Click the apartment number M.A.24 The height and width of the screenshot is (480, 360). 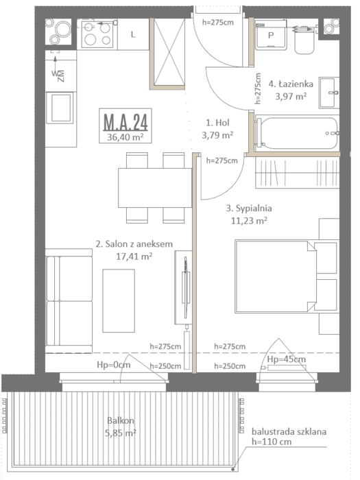[x=125, y=122]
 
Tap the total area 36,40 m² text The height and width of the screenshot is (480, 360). [x=125, y=137]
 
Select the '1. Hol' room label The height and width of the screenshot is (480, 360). [x=217, y=123]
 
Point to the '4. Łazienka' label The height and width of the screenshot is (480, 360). [x=291, y=84]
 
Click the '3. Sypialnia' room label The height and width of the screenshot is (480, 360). [x=249, y=208]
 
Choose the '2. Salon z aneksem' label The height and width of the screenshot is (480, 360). [x=134, y=244]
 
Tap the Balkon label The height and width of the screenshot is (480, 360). [x=121, y=420]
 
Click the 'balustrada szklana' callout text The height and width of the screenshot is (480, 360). [x=289, y=431]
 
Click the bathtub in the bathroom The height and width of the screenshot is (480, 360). [x=297, y=134]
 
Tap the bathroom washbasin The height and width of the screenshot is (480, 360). [x=329, y=93]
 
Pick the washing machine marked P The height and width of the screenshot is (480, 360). [x=271, y=34]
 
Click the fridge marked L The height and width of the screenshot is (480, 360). [x=133, y=34]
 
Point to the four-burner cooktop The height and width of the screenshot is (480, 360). [x=97, y=34]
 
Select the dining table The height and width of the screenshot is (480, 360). [x=155, y=188]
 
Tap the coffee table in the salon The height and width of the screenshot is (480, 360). [x=119, y=300]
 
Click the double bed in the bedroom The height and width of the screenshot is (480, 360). [x=276, y=277]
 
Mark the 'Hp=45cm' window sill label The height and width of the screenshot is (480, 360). [x=287, y=359]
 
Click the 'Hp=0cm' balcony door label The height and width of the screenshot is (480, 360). [x=114, y=365]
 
